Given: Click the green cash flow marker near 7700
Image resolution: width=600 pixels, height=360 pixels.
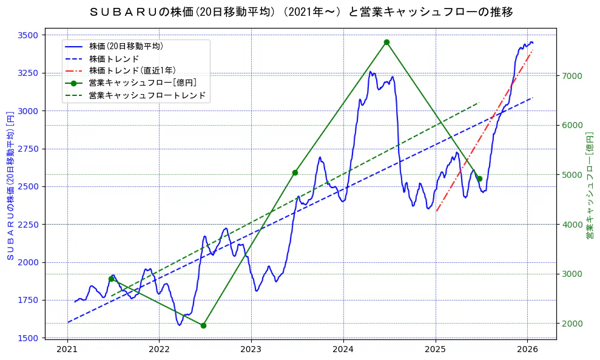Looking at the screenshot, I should (386, 42).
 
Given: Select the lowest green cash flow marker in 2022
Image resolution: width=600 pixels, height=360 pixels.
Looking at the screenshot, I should (203, 325).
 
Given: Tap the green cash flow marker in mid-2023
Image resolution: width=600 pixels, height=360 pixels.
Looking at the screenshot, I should (295, 172).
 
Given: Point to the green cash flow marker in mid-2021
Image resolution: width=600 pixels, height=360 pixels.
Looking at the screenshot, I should (111, 279).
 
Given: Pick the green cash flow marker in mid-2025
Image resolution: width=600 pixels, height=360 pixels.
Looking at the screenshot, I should (479, 178).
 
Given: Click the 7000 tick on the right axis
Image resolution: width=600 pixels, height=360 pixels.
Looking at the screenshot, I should (573, 76).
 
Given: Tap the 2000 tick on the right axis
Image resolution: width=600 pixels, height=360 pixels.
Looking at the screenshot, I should (573, 324).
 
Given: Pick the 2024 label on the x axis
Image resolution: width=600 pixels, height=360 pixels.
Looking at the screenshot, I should (343, 350).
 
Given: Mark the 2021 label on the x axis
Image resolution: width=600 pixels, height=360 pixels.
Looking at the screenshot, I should (67, 350).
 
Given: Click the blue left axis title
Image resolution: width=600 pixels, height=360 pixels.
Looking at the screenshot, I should (10, 186).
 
